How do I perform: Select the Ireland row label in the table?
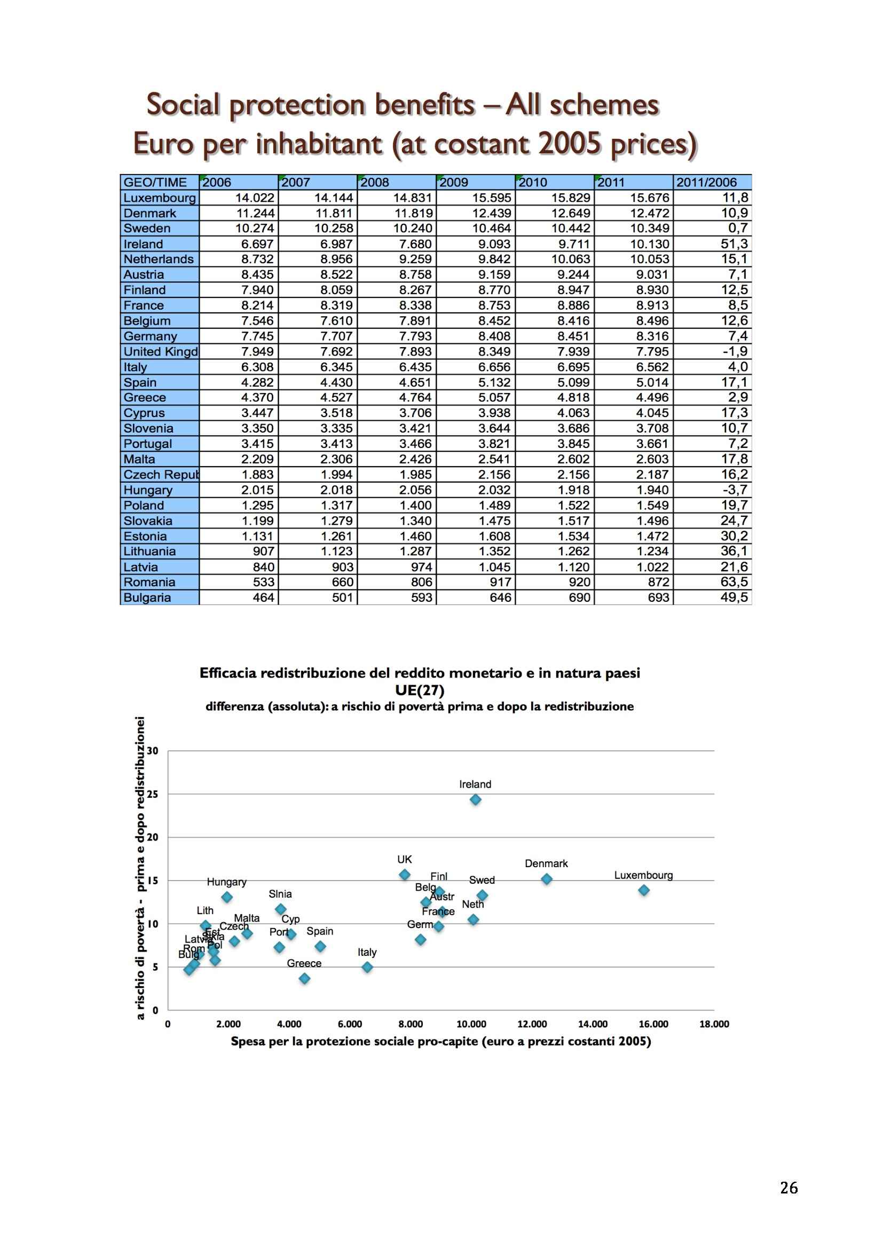144,243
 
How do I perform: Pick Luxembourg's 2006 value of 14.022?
255,198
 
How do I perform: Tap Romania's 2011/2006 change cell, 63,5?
734,582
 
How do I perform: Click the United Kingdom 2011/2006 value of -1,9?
735,351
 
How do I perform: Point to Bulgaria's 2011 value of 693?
658,598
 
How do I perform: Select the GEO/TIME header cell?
155,182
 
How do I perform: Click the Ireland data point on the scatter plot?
475,800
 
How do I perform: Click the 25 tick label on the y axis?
153,794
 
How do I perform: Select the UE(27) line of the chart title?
419,690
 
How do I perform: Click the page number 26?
789,1188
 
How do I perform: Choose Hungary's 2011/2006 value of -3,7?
735,490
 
